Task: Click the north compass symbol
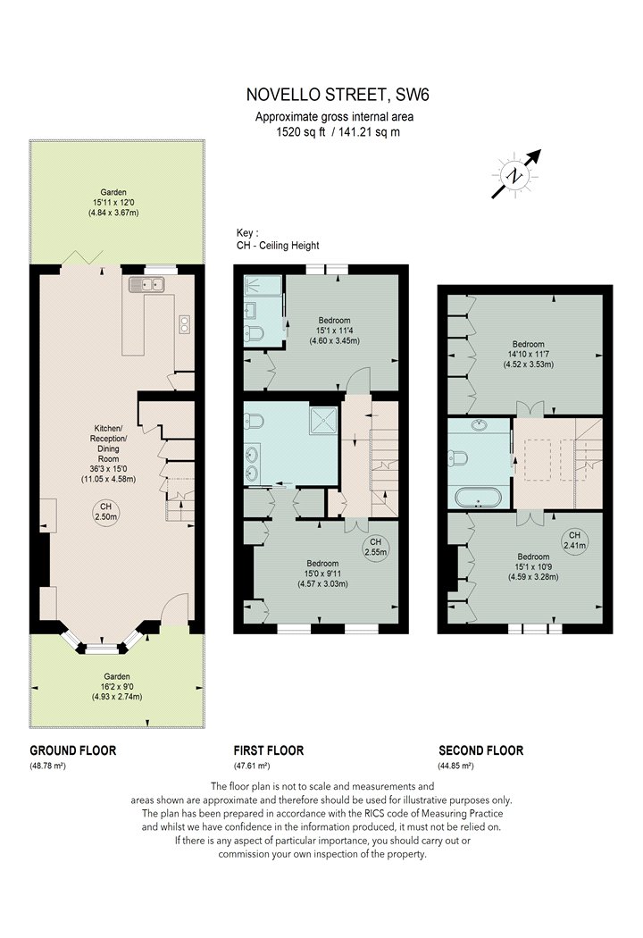[515, 175]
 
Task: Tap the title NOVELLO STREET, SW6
[338, 95]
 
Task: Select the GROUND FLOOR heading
[73, 750]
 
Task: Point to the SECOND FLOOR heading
[480, 750]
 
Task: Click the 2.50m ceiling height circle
[106, 512]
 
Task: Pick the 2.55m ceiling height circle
[376, 547]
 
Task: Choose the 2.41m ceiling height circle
[575, 540]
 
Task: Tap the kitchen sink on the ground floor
[146, 285]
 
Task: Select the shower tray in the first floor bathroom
[323, 421]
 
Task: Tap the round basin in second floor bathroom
[479, 425]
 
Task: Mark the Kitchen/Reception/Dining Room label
[108, 443]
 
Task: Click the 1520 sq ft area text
[301, 132]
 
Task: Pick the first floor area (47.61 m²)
[252, 766]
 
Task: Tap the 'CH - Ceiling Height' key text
[278, 246]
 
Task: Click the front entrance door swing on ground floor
[175, 607]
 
